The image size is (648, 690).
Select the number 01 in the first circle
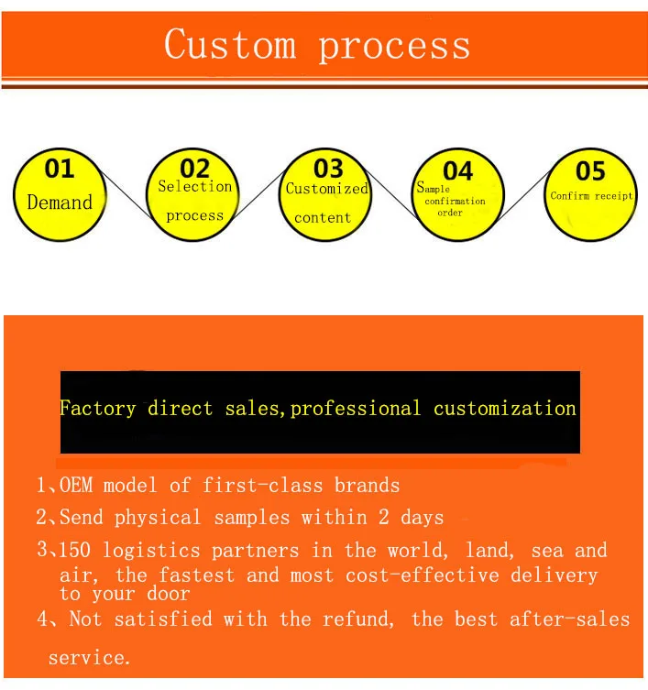tap(60, 169)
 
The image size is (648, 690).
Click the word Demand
tap(60, 203)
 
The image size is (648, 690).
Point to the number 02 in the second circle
tap(194, 169)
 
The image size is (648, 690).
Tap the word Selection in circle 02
tap(194, 187)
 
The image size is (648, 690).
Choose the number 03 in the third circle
tap(327, 169)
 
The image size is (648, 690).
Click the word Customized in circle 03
tap(326, 189)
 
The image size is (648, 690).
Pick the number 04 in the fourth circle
tap(457, 171)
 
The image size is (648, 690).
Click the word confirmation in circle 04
tap(456, 202)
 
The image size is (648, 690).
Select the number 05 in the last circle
tap(590, 171)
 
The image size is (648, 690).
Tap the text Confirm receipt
tap(591, 196)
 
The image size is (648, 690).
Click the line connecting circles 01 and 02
tap(126, 194)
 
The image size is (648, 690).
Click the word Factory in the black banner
tap(97, 409)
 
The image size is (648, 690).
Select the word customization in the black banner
tap(505, 409)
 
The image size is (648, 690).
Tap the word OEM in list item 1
tap(81, 485)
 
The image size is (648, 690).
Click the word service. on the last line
tap(89, 658)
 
